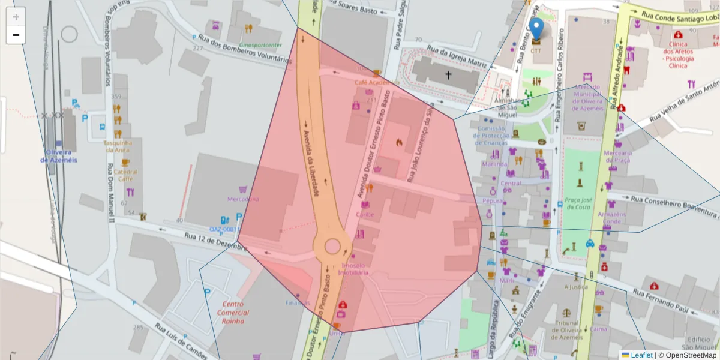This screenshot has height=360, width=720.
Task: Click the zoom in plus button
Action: point(16,17)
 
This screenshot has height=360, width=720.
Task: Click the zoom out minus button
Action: point(16,35)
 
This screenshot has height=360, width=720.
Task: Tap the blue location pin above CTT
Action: point(537,29)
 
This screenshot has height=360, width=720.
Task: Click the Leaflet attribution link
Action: point(641,355)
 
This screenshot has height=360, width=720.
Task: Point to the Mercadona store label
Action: point(244,199)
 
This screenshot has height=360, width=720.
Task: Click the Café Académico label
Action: point(377,82)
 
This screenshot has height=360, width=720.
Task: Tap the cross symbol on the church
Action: point(448,74)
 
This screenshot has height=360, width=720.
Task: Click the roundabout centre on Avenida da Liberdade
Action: point(332,246)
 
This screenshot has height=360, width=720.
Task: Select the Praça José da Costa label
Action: point(578,203)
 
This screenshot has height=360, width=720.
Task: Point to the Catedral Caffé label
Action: point(125,175)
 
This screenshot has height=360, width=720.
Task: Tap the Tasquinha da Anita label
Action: point(118,146)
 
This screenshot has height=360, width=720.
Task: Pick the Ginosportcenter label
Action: point(260,45)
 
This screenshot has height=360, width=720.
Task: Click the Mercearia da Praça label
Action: point(617,157)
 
